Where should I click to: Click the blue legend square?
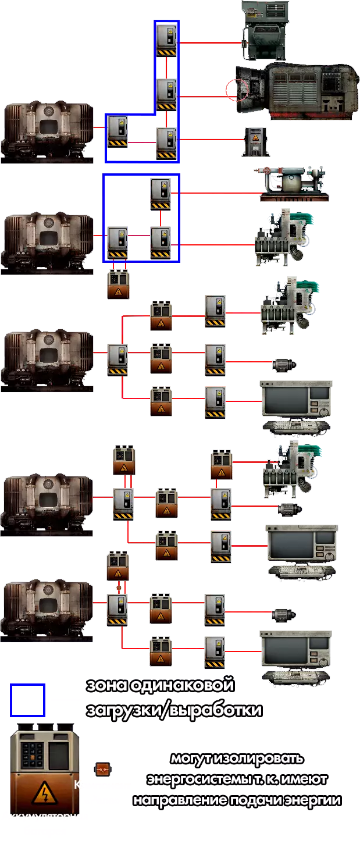pos(27,701)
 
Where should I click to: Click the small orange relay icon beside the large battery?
pos(102,770)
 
